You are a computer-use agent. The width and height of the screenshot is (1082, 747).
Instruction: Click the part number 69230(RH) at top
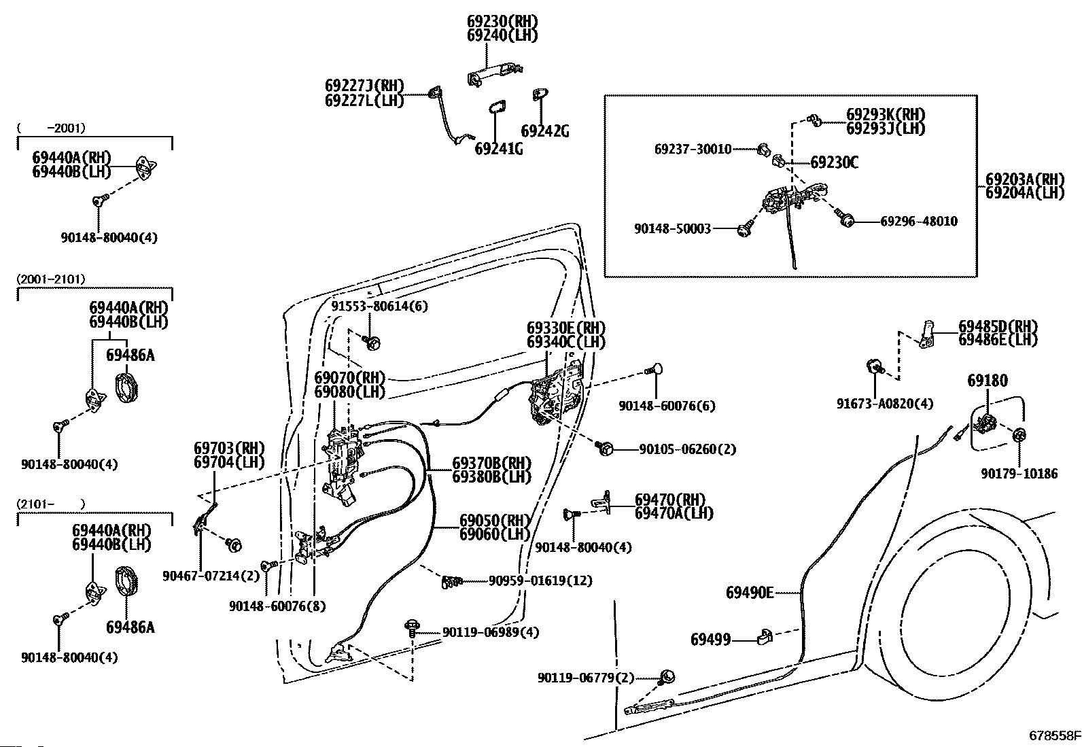[502, 21]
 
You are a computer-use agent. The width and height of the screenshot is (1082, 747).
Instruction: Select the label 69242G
[545, 131]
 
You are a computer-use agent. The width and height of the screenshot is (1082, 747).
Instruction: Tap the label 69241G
[499, 148]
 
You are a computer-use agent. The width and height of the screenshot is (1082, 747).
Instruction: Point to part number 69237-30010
[693, 149]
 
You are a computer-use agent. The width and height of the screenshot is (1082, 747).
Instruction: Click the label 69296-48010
[919, 222]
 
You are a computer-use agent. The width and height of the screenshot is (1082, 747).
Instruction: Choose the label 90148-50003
[672, 228]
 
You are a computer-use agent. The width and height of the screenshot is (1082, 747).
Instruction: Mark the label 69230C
[834, 162]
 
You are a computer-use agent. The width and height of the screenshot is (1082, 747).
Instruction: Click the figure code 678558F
[1054, 735]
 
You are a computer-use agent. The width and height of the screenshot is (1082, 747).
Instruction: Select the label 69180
[988, 381]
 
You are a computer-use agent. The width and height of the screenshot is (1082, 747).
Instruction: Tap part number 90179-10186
[1019, 474]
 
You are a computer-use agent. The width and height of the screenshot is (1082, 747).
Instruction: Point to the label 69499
[710, 639]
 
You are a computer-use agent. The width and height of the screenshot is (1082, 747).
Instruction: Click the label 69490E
[750, 593]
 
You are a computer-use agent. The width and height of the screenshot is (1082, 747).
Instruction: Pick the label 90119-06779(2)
[586, 678]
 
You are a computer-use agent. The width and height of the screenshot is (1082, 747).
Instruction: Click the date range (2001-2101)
[51, 279]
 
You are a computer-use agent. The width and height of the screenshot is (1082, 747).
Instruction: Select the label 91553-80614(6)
[380, 307]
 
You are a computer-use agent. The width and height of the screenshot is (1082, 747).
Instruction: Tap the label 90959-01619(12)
[540, 580]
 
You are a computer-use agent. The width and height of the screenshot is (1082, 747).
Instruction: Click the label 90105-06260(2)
[688, 449]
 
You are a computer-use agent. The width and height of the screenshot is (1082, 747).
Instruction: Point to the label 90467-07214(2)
[211, 576]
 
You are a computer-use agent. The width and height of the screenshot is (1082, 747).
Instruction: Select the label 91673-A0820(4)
[885, 404]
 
